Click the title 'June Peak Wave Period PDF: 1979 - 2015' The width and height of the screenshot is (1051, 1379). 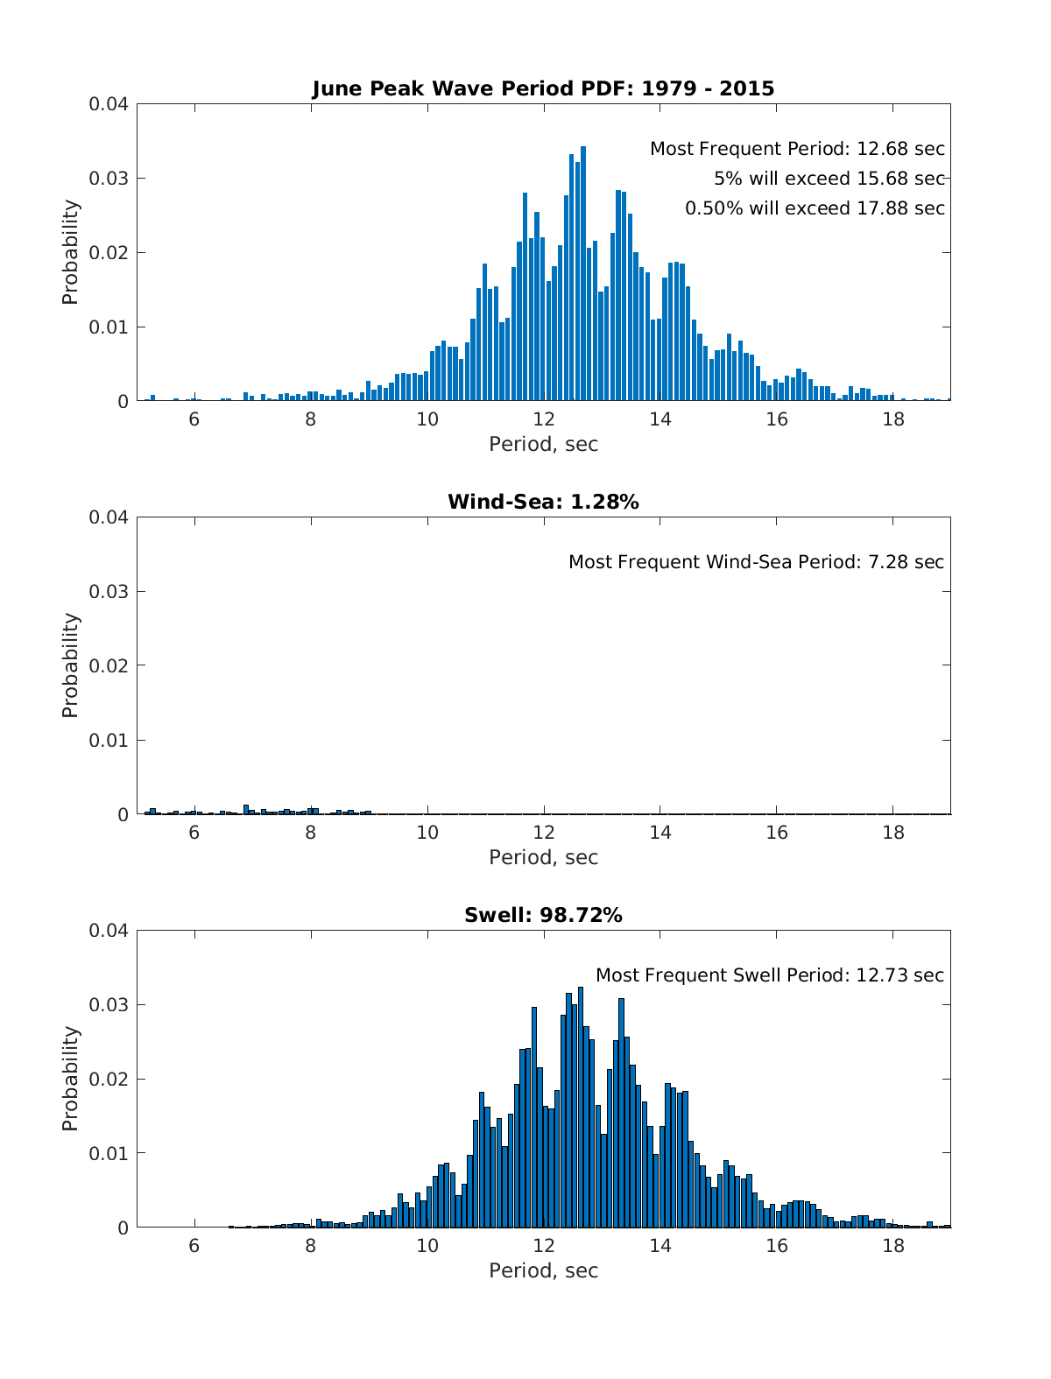point(543,88)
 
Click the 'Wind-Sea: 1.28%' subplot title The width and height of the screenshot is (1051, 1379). point(543,502)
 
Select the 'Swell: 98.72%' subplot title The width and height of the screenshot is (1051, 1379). point(543,915)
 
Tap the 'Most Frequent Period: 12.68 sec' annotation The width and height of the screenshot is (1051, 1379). point(797,149)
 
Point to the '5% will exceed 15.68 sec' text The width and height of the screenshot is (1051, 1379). point(829,179)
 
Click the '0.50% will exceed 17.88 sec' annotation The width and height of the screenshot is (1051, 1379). point(815,208)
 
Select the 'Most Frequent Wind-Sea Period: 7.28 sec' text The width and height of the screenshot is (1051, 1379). point(756,562)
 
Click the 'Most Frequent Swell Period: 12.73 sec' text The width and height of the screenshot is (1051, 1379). point(770,975)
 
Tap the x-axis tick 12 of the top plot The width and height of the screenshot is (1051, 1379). point(544,419)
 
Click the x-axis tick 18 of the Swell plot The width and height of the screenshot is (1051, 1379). point(893,1245)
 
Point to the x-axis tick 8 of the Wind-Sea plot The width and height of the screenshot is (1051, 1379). point(311,832)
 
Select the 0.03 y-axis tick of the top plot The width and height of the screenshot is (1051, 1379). point(109,179)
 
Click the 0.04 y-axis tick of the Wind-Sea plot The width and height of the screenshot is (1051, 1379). point(109,517)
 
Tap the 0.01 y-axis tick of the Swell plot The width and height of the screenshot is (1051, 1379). point(109,1153)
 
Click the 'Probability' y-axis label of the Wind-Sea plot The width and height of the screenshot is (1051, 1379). point(70,665)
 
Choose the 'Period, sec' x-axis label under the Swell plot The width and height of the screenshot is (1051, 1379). point(543,1270)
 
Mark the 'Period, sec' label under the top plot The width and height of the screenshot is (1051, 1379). point(543,444)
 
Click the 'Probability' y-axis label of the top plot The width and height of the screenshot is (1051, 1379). point(70,252)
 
